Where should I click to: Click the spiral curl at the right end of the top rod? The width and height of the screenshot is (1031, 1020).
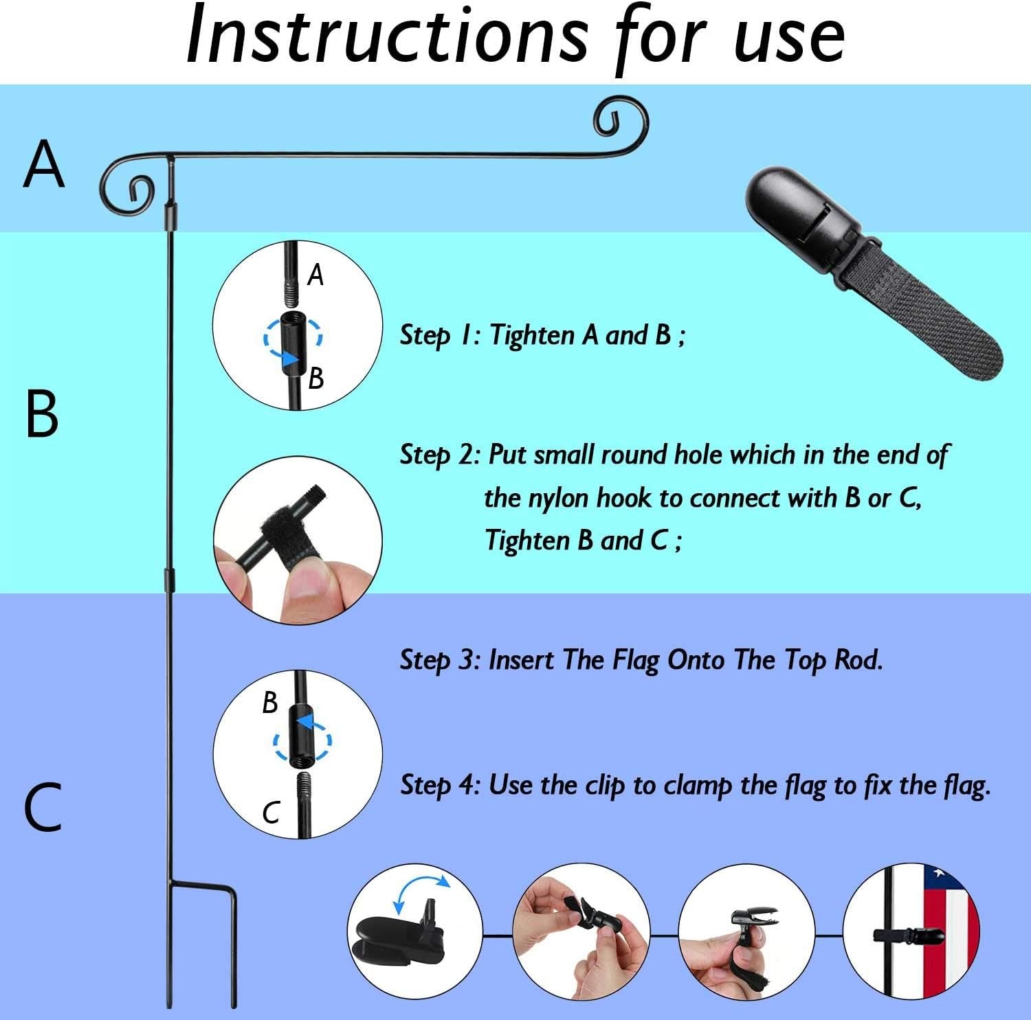tap(622, 120)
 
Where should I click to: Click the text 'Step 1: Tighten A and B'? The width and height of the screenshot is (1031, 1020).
tap(542, 335)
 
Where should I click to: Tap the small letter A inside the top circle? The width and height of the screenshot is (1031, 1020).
tap(315, 275)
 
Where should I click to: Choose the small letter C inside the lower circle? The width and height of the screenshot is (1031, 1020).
tap(271, 813)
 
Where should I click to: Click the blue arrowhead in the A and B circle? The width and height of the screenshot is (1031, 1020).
tap(291, 359)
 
